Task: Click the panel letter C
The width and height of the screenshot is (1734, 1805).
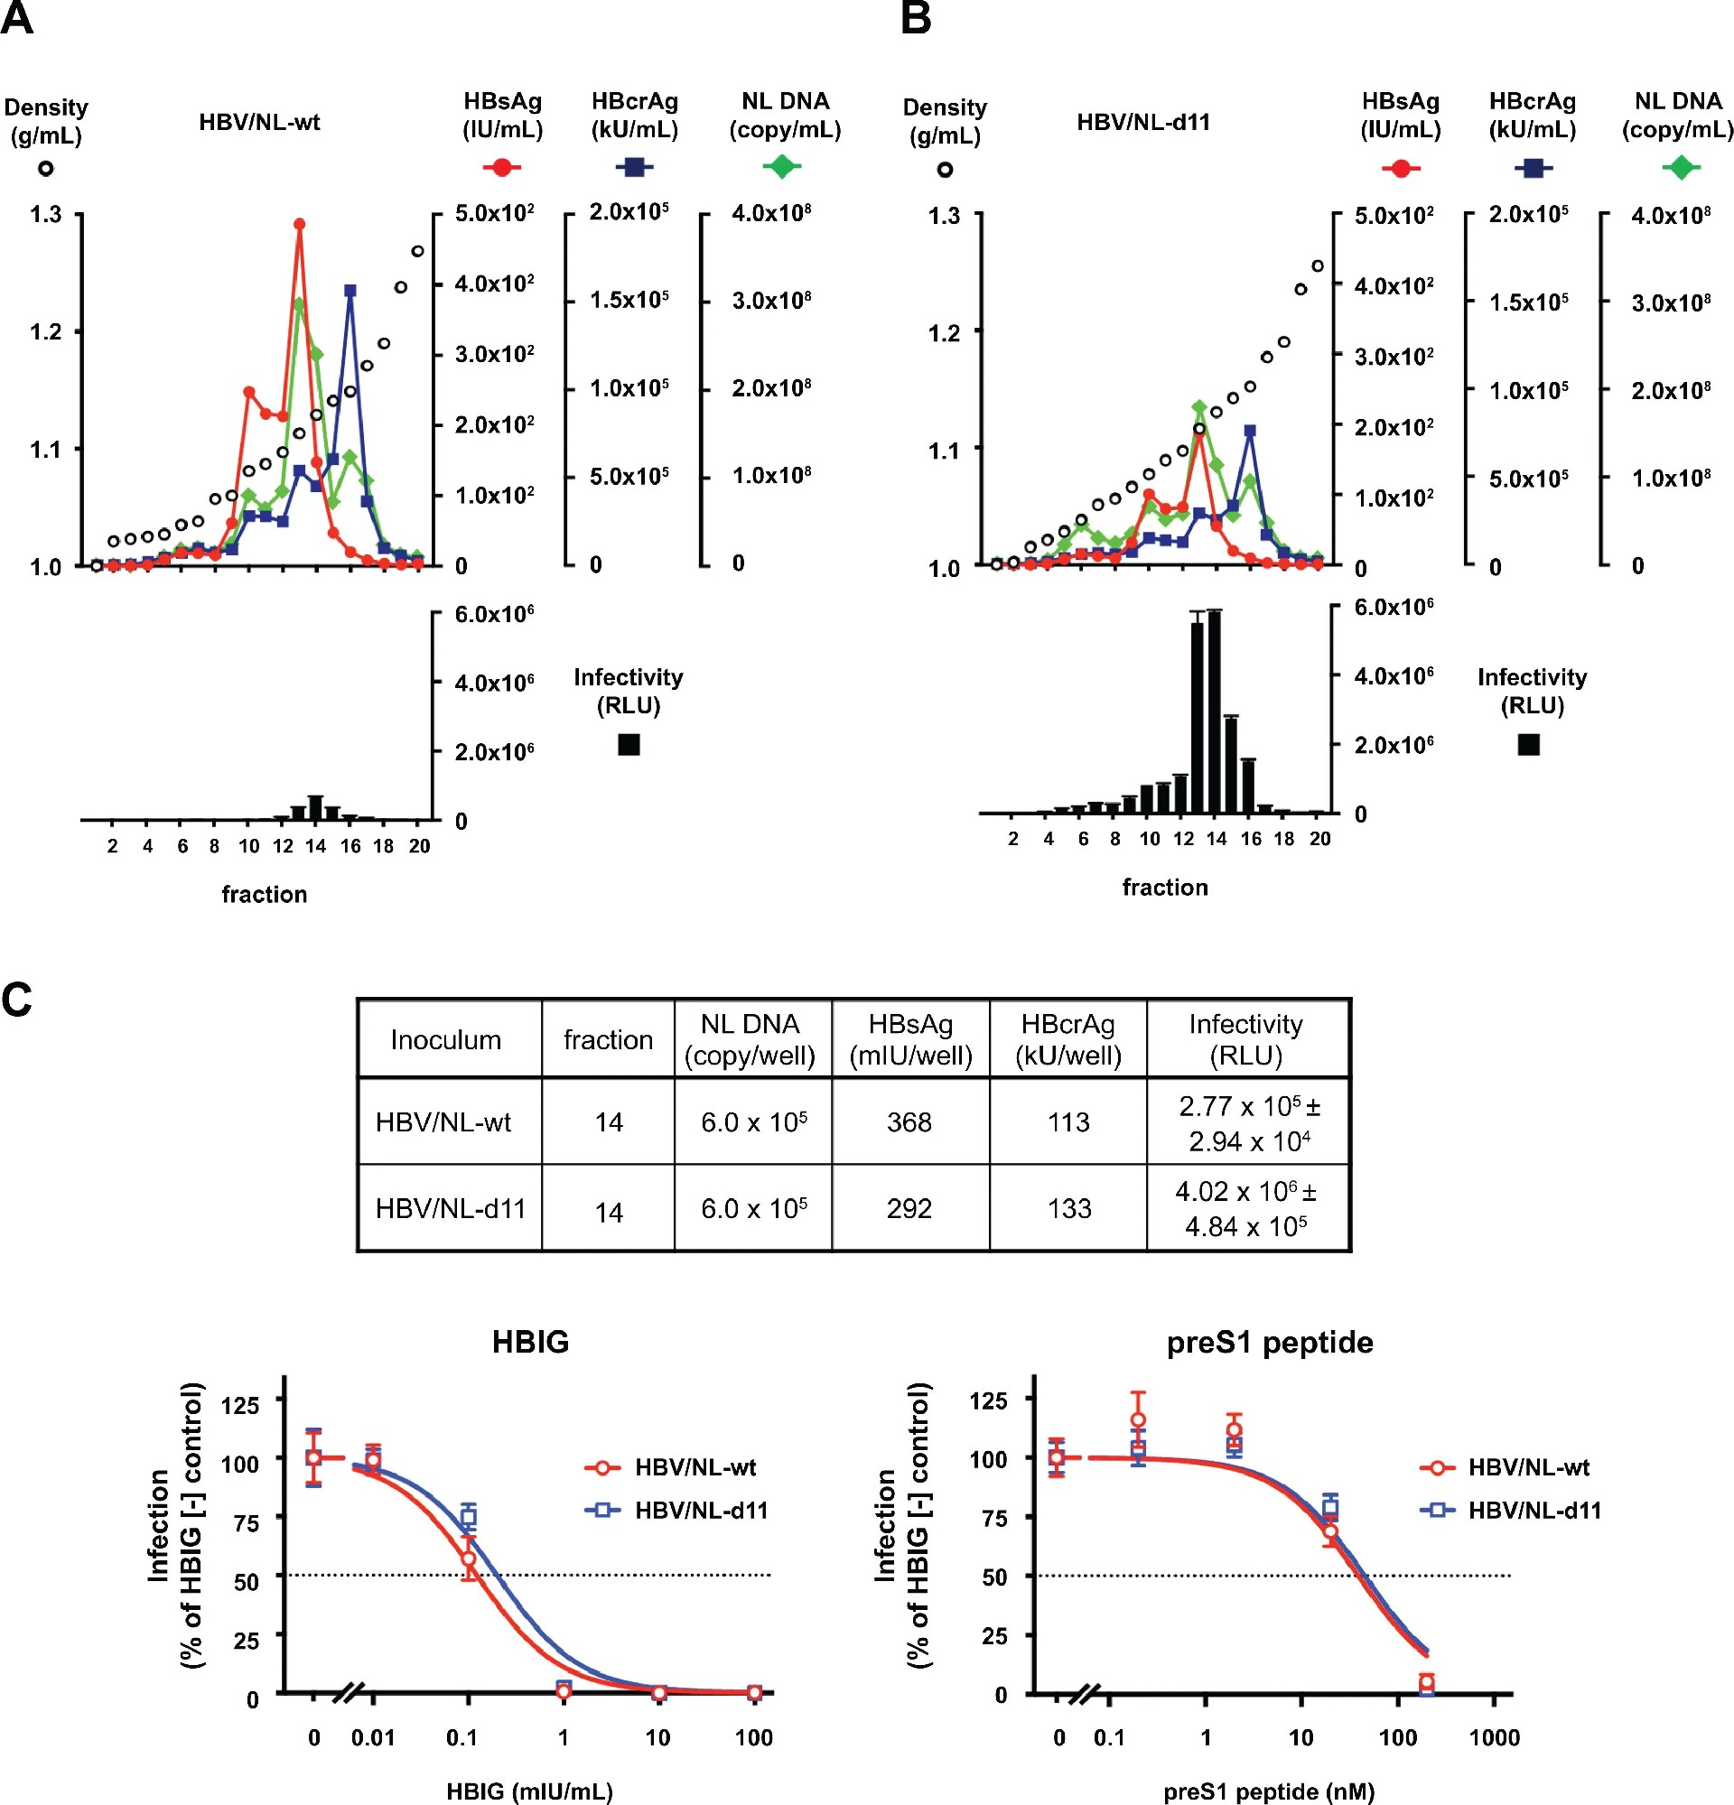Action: tap(16, 1000)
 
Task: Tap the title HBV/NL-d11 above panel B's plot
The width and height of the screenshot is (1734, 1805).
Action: tap(1142, 123)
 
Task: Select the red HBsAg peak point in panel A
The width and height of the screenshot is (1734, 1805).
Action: tap(299, 224)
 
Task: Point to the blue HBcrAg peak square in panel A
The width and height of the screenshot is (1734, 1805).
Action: tap(350, 291)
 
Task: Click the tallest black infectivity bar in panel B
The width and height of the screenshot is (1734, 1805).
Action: tap(1215, 712)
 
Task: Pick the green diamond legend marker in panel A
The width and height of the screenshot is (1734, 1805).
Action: tap(782, 167)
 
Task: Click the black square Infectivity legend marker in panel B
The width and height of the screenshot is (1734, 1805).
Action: tap(1529, 744)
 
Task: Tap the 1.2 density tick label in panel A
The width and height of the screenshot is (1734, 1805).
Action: tap(45, 331)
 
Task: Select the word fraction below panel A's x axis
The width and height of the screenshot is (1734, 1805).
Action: tap(265, 894)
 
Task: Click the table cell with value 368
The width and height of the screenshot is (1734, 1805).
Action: tap(909, 1121)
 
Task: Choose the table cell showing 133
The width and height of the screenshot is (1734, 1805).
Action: tap(1068, 1208)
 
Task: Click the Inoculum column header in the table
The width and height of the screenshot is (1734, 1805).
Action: tap(446, 1039)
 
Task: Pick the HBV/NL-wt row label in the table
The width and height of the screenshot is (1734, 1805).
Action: tap(443, 1121)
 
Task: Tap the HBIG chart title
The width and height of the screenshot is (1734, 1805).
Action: tap(530, 1342)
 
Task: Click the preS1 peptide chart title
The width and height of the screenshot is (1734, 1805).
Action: tap(1269, 1342)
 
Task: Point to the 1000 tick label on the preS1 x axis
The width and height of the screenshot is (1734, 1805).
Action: tap(1494, 1738)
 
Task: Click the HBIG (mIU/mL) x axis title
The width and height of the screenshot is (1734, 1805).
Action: tap(529, 1791)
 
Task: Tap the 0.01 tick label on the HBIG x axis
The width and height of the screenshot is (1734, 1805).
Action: tap(373, 1738)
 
